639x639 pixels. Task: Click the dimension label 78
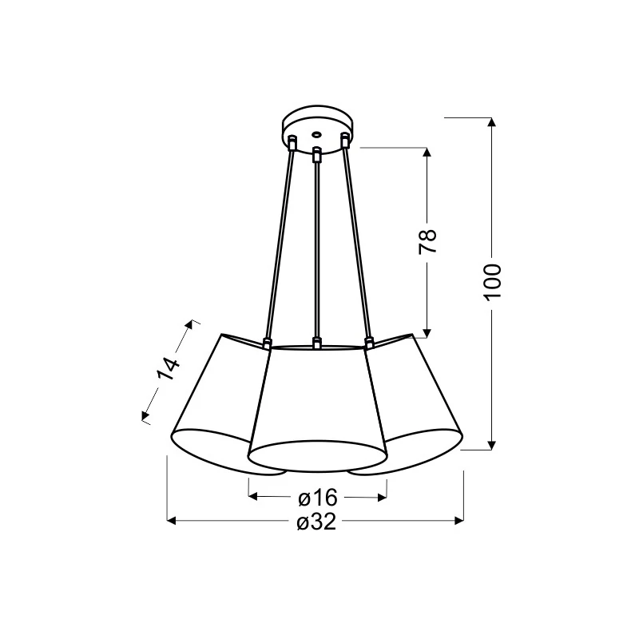click(427, 242)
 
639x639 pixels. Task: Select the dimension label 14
click(169, 368)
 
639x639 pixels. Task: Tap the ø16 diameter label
click(318, 498)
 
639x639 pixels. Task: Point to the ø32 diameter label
click(316, 522)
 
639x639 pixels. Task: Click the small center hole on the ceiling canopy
click(316, 133)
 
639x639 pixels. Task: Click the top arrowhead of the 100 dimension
click(492, 122)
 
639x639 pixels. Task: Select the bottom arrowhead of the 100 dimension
click(492, 445)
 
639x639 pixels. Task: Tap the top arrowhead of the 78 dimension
click(427, 153)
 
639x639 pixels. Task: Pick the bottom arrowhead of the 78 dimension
click(427, 333)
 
